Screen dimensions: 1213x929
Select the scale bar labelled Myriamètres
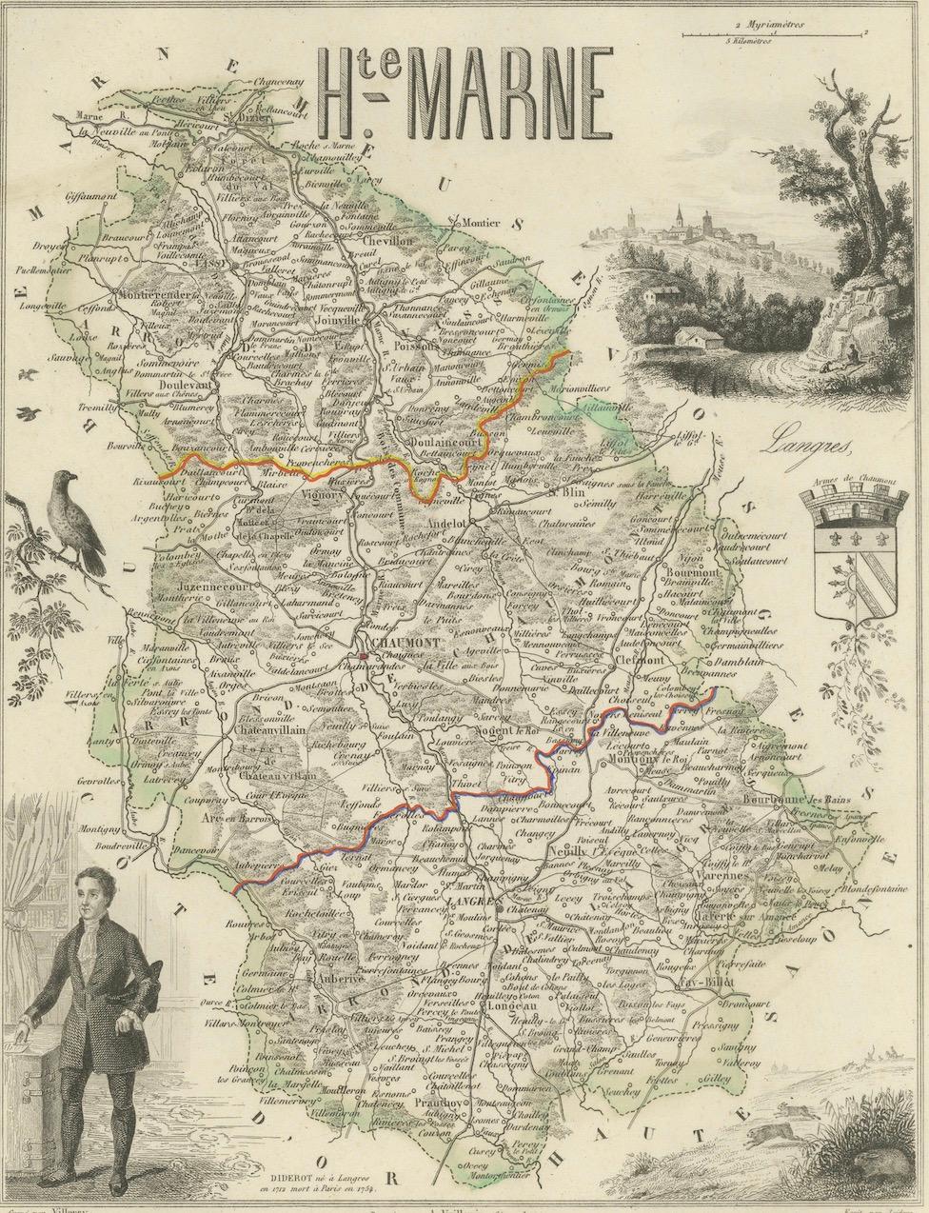774,32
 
